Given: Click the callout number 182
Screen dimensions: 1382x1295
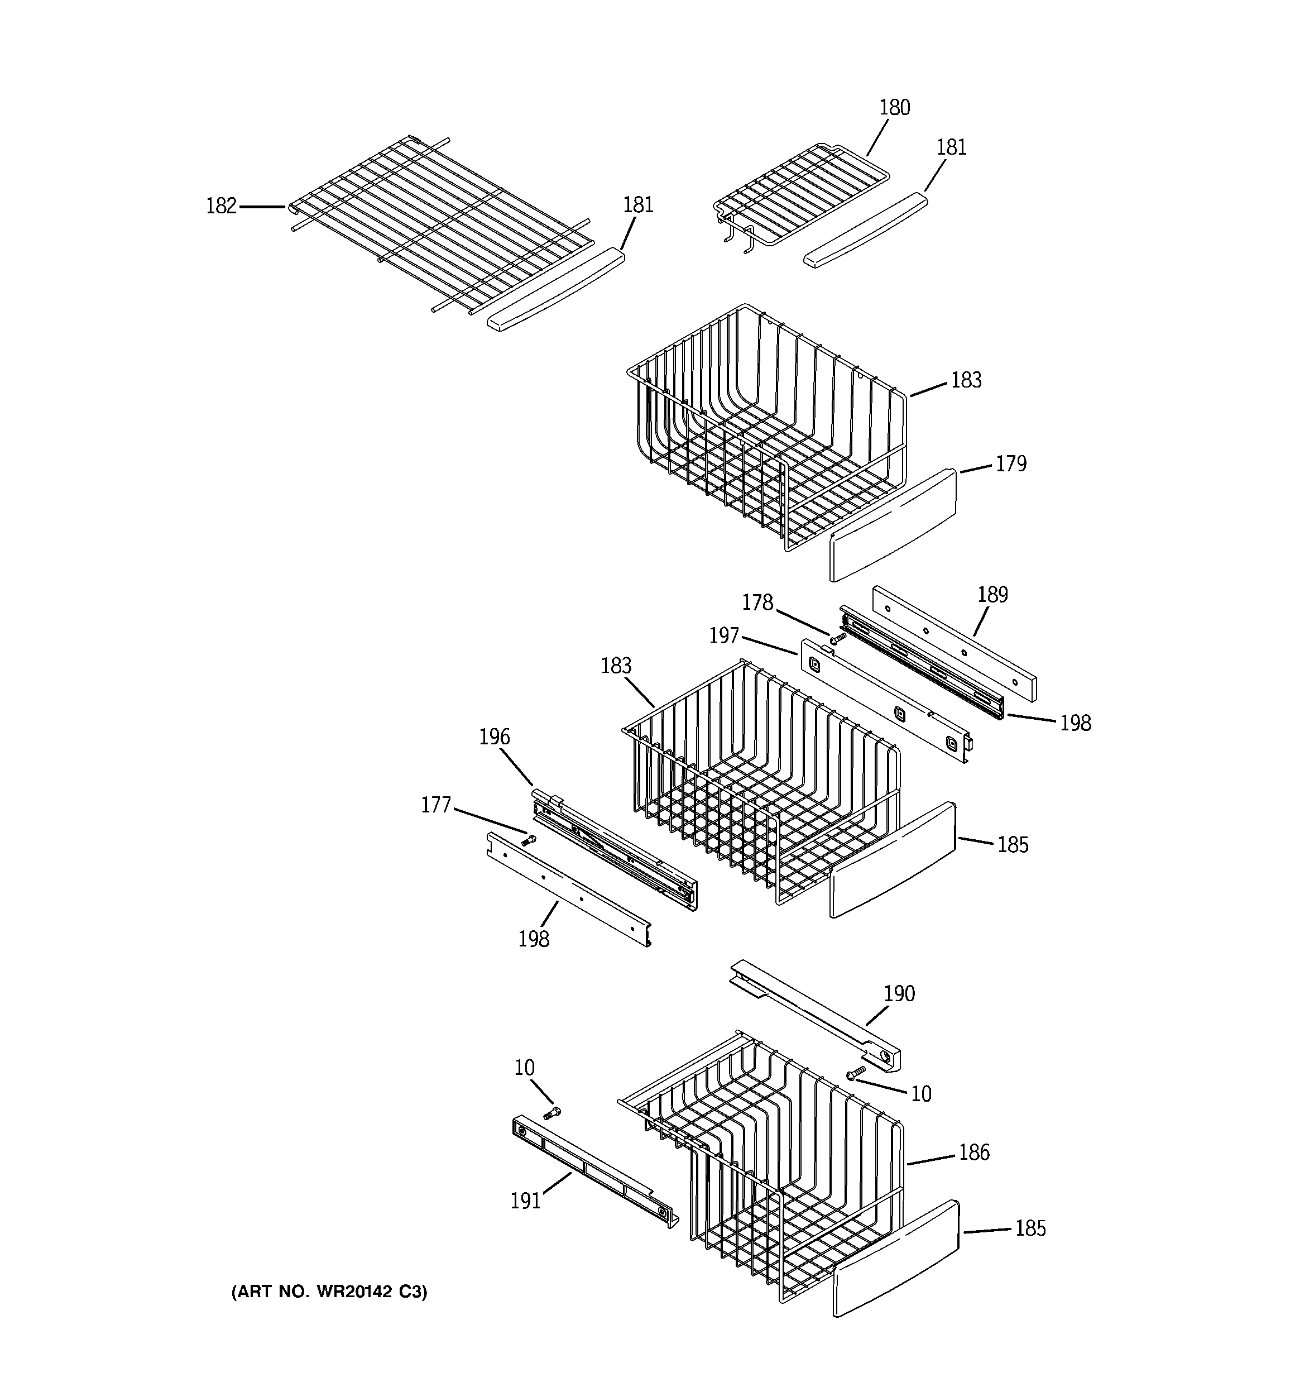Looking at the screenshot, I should coord(221,207).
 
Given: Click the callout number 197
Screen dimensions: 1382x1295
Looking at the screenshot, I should coord(723,635).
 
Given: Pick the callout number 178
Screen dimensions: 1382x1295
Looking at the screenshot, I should coord(757,602).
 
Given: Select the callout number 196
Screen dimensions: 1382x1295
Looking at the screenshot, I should coord(494,737).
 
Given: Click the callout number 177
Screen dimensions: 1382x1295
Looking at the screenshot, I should coord(436,805).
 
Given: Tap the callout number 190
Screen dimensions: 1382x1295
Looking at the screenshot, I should coord(899,993).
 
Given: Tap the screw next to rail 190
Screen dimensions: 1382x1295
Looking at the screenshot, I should coord(856,1073).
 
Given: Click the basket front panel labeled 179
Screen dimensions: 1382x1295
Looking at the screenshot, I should coord(893,525).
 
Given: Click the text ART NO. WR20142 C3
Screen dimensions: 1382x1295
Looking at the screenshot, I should coord(329,1291).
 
